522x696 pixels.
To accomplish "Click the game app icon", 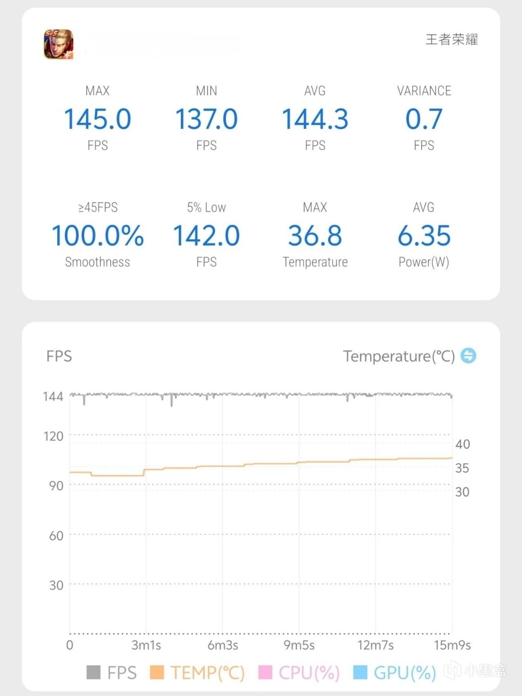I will (x=58, y=44).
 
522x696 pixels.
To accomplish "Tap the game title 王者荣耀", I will (x=451, y=40).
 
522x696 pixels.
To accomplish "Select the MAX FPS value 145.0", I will (x=98, y=119).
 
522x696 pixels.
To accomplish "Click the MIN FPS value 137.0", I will (x=206, y=119).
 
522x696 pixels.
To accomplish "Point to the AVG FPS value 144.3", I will (x=315, y=119).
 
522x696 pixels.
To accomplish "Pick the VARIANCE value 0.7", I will (x=424, y=119).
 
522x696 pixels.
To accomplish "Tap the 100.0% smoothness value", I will (x=98, y=236).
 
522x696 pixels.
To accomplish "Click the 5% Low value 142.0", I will (x=206, y=236).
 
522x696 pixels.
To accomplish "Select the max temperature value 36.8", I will (x=315, y=236).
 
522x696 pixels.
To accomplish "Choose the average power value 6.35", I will (x=424, y=236).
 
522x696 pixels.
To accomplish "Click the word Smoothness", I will (x=98, y=262).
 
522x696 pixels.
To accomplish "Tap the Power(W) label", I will (x=424, y=262).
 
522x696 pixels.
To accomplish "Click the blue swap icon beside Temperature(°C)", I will (x=468, y=356).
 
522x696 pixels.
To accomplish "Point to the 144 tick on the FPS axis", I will (x=53, y=397).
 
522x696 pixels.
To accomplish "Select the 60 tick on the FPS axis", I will (x=56, y=536).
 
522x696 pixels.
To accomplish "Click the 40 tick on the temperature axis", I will (x=463, y=444).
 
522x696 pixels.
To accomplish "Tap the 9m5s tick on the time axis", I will (x=299, y=645).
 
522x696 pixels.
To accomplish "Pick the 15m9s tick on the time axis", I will (x=452, y=645).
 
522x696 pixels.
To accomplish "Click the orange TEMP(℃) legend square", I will (x=157, y=672).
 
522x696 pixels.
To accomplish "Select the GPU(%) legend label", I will (x=405, y=672).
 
